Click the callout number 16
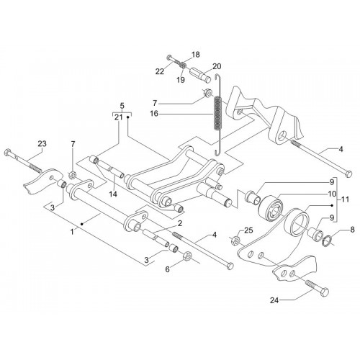(x=154, y=113)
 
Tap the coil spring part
(x=217, y=114)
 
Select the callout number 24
(x=274, y=300)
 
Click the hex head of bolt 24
(x=325, y=292)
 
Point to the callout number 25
(x=248, y=230)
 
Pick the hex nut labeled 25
(x=235, y=240)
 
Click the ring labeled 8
(x=326, y=241)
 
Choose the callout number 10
(x=332, y=194)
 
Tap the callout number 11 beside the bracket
(x=345, y=199)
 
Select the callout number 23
(x=42, y=144)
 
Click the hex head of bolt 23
(x=7, y=153)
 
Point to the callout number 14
(x=113, y=194)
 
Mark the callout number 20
(x=217, y=66)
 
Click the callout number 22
(x=160, y=71)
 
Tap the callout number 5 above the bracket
(x=122, y=106)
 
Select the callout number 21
(x=119, y=117)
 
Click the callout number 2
(x=180, y=223)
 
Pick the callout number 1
(x=72, y=232)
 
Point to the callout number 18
(x=196, y=55)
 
